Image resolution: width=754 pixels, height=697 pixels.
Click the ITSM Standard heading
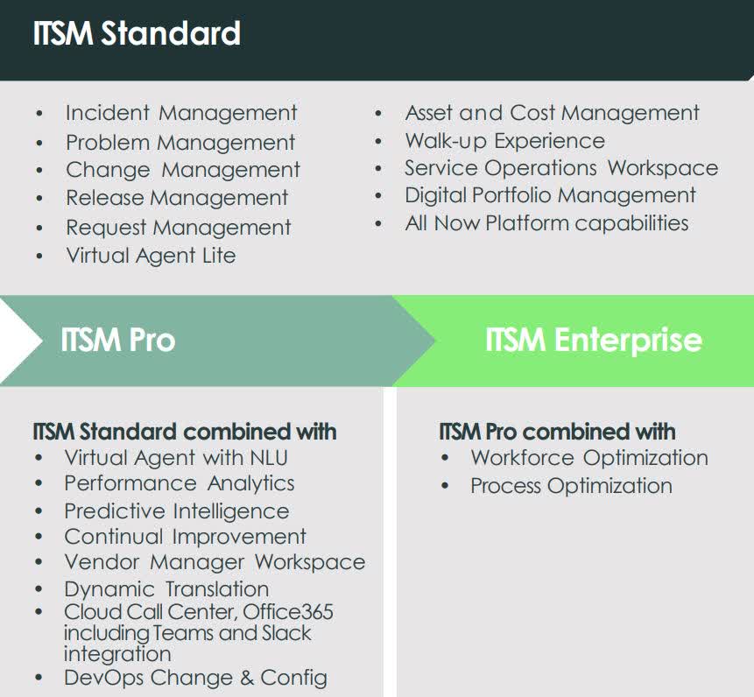137,34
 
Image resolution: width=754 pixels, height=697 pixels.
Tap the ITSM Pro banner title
117,340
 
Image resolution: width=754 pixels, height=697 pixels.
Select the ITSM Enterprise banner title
593,340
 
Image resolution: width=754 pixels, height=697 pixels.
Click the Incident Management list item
181,113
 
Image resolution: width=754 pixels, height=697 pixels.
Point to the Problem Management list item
180,142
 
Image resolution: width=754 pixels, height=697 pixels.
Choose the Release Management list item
177,198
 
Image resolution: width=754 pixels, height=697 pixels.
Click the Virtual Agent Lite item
151,256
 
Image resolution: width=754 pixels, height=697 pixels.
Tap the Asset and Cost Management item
552,113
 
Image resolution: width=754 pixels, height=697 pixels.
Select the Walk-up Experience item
504,141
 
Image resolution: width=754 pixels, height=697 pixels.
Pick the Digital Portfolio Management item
550,195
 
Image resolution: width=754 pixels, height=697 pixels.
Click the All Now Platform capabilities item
546,223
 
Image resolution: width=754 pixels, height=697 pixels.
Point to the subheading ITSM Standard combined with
185,432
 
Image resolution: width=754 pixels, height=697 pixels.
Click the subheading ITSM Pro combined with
557,432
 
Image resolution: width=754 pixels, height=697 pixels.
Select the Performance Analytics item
179,483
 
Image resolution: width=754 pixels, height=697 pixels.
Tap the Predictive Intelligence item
176,511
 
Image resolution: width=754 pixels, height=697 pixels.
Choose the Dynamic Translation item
166,589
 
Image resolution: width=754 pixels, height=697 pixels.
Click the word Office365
288,612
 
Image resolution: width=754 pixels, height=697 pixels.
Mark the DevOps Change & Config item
195,678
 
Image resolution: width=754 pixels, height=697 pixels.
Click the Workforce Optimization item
588,458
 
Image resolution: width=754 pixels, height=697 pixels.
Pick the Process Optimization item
571,486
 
